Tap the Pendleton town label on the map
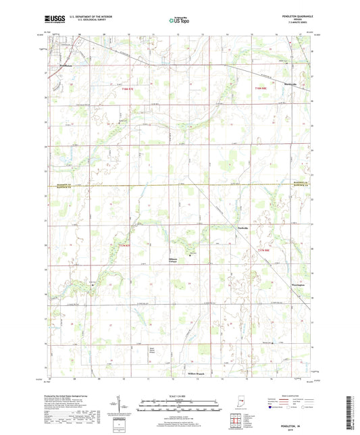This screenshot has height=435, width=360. (66, 66)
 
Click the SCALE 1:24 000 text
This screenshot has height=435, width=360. (178, 396)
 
